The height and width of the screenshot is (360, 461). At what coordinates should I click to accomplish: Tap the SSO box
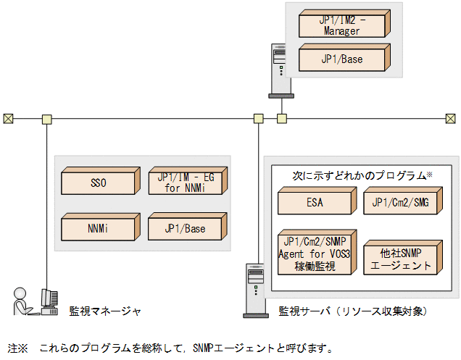[x=99, y=183]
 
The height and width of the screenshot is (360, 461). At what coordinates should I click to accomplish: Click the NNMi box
[x=99, y=228]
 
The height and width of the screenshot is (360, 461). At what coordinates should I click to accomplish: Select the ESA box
[x=315, y=203]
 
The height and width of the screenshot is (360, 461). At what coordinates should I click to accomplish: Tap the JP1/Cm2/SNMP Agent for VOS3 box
[x=315, y=254]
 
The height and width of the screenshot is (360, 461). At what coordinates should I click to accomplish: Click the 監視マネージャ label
[x=104, y=311]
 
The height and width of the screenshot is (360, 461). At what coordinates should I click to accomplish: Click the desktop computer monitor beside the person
[x=49, y=300]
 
